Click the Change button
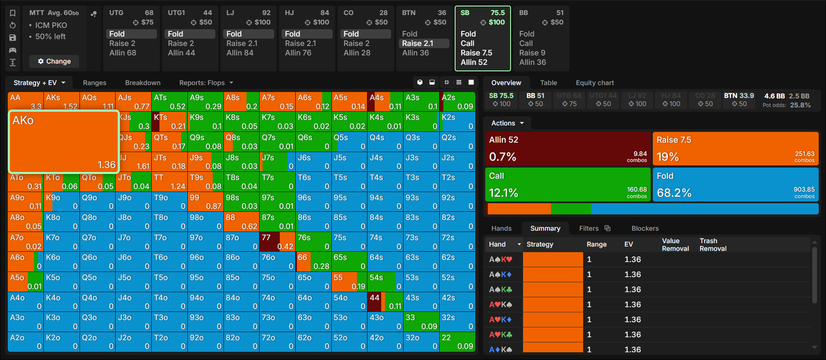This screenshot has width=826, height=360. (54, 61)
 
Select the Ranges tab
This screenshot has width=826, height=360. (95, 83)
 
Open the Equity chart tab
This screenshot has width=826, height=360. (595, 83)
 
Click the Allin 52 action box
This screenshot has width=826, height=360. (568, 149)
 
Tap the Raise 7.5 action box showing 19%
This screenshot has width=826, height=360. (736, 149)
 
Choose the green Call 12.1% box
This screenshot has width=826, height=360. (568, 184)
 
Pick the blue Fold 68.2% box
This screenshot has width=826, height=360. (736, 184)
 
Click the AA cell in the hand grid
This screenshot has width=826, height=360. (25, 101)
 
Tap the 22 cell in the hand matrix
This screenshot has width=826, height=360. (457, 342)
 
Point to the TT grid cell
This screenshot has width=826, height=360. (169, 182)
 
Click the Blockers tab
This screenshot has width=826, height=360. (645, 229)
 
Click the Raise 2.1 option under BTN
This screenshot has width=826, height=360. (418, 43)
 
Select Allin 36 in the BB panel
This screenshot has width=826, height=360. (532, 62)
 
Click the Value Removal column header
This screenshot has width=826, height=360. (675, 244)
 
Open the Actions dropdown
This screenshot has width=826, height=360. (508, 123)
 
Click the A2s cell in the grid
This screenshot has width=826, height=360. (457, 101)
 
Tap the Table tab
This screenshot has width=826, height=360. (548, 83)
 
